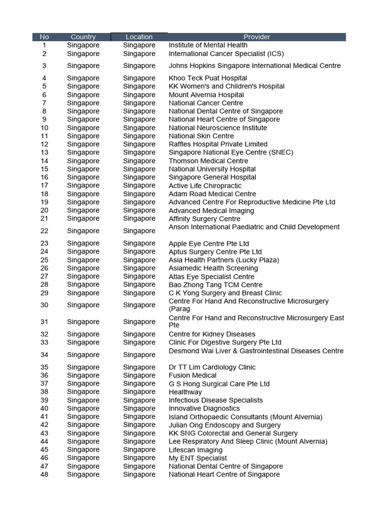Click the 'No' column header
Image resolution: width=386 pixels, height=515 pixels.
coord(44,37)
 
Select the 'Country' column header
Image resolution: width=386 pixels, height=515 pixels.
coord(83,37)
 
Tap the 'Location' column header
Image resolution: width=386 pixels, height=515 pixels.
coord(139,37)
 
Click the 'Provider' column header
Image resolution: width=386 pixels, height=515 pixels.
coord(257,37)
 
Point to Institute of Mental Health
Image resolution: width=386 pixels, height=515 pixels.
coord(208,45)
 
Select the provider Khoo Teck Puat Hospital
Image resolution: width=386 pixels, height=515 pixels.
coord(208,78)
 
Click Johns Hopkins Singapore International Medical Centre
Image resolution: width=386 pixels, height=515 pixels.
coord(254,66)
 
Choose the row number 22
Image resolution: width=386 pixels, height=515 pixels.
coord(44,231)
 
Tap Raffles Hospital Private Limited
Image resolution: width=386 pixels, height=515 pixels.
coord(218,144)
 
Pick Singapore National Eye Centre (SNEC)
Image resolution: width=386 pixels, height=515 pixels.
coord(231,152)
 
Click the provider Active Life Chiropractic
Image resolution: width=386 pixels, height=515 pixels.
coord(205,186)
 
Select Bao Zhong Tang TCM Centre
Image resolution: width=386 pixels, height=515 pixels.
coord(216,285)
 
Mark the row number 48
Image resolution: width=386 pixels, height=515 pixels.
coord(44,474)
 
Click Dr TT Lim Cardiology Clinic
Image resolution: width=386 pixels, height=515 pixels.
coord(212,367)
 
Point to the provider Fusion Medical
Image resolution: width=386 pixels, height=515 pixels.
coord(192,375)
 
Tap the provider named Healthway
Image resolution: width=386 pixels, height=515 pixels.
coord(185,392)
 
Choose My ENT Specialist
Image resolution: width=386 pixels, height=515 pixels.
coord(198,458)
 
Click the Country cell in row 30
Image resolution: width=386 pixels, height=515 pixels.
coord(83,305)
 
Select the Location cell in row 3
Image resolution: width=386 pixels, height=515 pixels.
coord(139,66)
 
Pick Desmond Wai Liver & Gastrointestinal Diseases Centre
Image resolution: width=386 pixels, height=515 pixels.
coord(256,351)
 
